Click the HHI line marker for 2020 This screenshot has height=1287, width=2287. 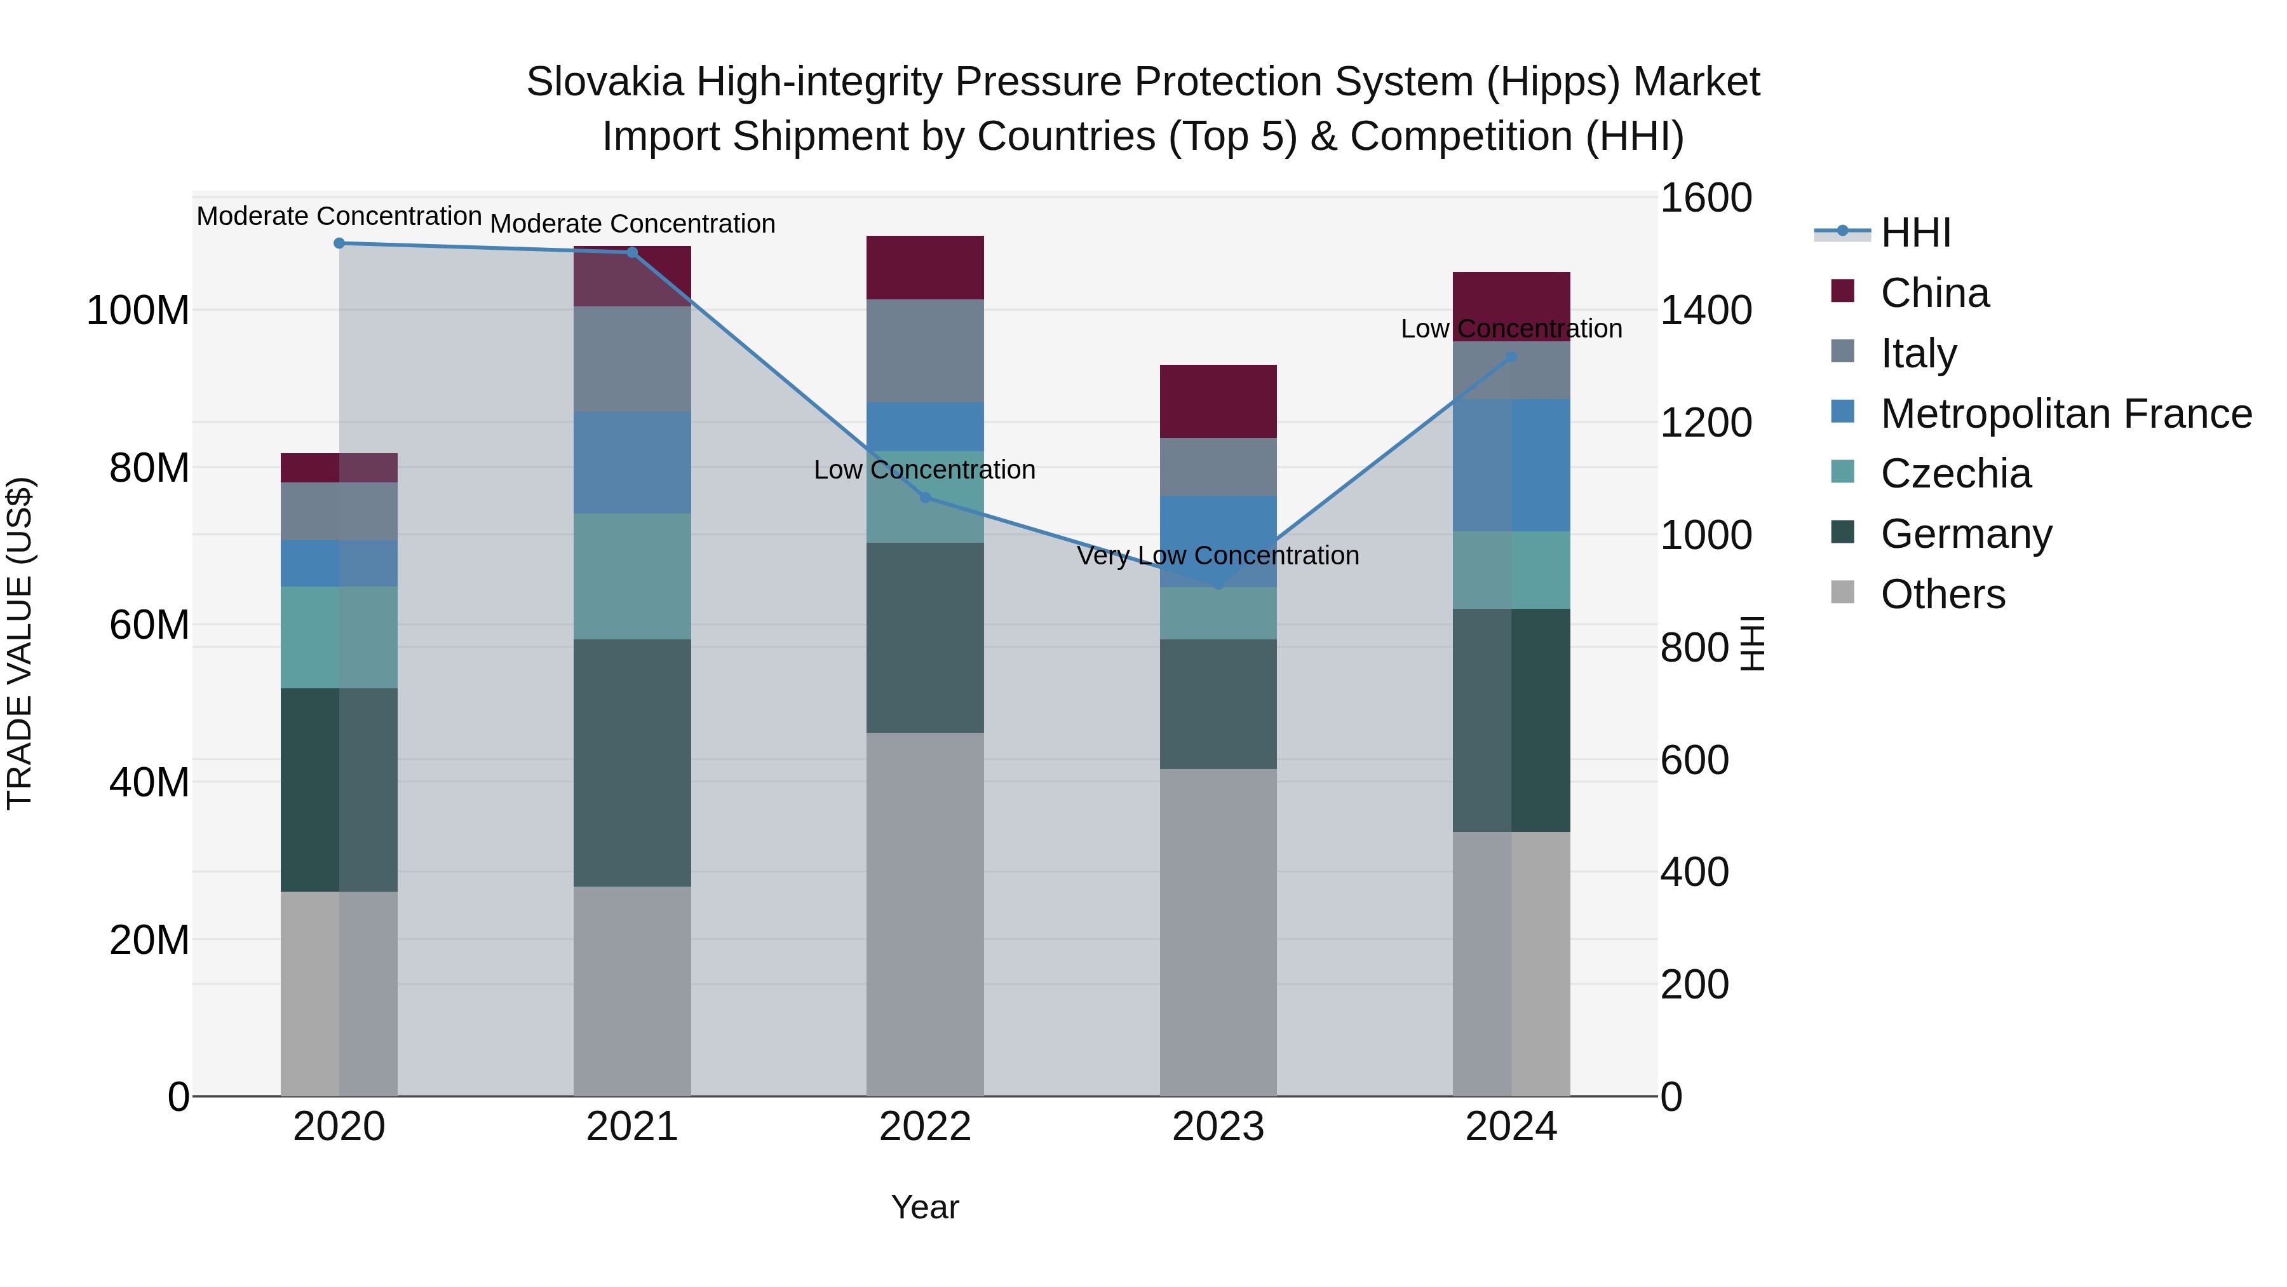[x=339, y=243]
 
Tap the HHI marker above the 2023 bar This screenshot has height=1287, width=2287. [x=1218, y=585]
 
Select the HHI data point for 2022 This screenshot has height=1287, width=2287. [x=925, y=498]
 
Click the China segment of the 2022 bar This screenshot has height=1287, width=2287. [x=925, y=268]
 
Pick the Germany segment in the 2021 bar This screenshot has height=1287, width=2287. [x=632, y=762]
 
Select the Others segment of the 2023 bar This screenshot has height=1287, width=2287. [x=1218, y=932]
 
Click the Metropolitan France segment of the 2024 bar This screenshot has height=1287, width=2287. [x=1511, y=465]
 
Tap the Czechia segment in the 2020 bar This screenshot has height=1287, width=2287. [x=339, y=637]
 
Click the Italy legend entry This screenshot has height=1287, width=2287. [x=1918, y=353]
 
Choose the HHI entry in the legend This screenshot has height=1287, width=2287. [x=1915, y=233]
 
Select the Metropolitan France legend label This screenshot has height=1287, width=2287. [x=2066, y=414]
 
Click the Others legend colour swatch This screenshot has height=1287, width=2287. [x=1842, y=592]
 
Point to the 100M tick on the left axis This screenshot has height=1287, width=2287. [x=138, y=311]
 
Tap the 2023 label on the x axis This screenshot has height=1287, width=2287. [x=1218, y=1127]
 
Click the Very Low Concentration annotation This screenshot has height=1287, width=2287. [x=1218, y=556]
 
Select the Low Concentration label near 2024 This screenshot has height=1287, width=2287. [x=1511, y=329]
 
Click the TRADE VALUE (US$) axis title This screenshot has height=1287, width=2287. [x=20, y=643]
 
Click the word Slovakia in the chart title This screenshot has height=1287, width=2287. [x=605, y=82]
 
